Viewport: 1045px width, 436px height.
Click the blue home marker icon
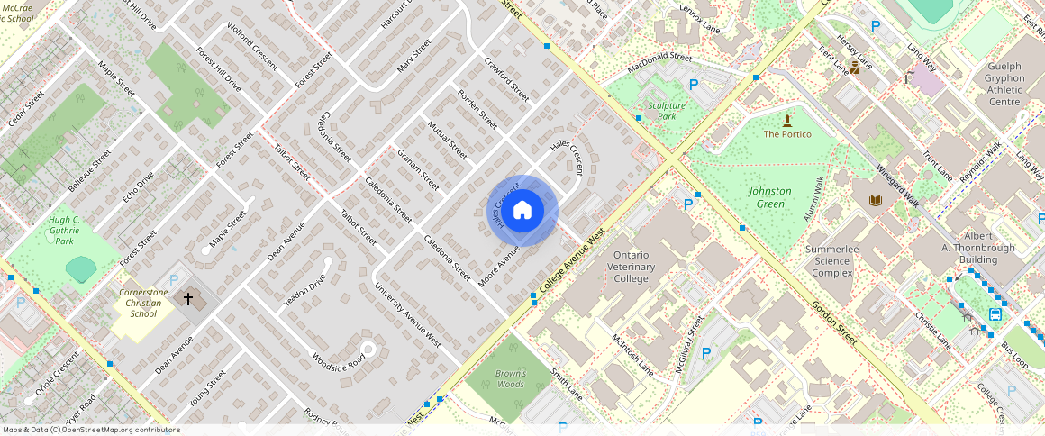[x=522, y=211]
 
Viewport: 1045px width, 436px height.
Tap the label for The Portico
[x=787, y=134]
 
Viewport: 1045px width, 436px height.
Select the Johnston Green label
[x=770, y=197]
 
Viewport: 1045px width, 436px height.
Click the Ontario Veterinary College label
[x=640, y=267]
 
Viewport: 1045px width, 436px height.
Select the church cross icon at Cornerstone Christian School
[x=188, y=298]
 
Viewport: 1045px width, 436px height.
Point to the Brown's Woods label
[x=510, y=378]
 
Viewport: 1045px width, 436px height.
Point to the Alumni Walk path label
[x=813, y=199]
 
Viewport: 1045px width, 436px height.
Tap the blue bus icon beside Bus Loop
[x=995, y=314]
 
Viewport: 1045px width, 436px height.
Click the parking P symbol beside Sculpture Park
[x=693, y=85]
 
